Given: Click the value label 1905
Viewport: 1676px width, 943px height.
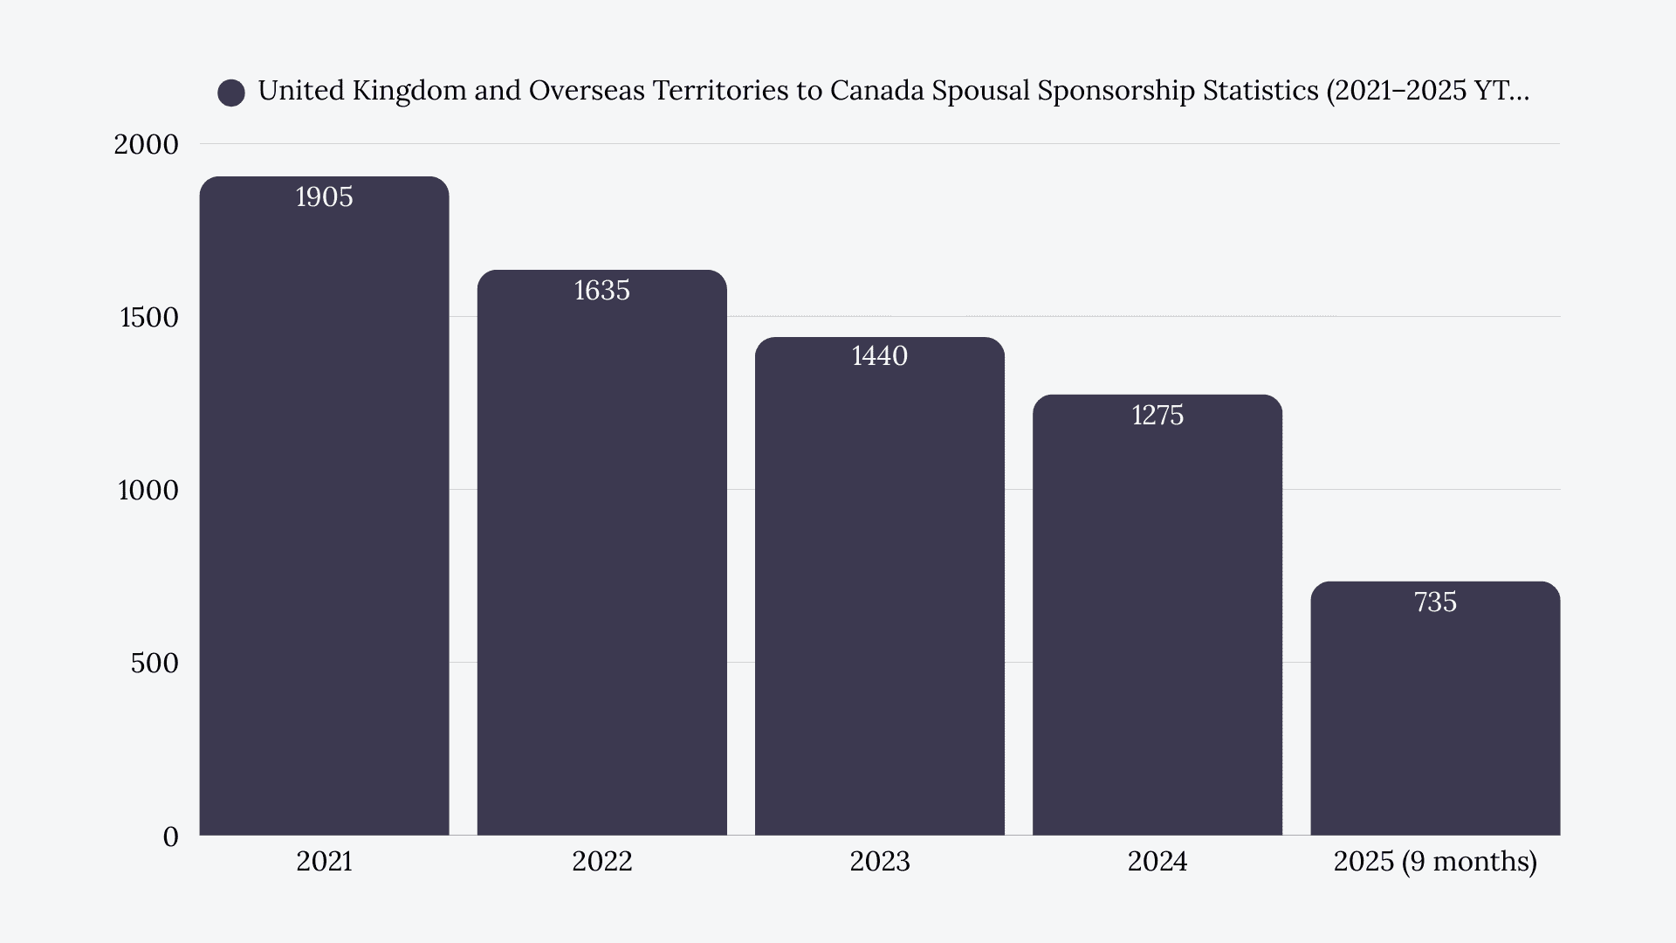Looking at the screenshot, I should [324, 197].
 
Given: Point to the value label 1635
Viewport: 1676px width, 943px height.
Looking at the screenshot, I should [601, 291].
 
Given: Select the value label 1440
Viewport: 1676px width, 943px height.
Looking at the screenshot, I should [879, 356].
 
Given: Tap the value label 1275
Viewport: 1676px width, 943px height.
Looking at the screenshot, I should [1157, 416].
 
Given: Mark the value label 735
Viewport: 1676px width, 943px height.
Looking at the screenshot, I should [1435, 602].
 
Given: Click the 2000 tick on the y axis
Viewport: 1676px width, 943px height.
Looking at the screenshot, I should [146, 144].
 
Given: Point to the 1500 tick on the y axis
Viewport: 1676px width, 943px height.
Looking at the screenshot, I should [148, 317].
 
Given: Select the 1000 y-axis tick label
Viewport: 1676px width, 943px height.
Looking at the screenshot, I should [148, 491].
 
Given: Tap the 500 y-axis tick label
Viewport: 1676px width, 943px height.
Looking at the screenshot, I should [155, 664].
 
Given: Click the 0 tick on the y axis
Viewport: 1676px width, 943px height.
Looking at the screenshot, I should [170, 836].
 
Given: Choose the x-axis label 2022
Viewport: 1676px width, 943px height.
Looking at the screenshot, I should [601, 862].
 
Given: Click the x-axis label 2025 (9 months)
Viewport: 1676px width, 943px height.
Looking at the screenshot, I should [1435, 862].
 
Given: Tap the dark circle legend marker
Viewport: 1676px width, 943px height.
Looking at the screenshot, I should [231, 93].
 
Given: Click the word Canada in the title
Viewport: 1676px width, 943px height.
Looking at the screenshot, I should [876, 91].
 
